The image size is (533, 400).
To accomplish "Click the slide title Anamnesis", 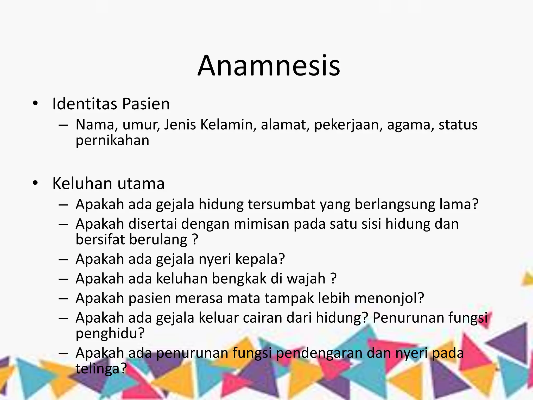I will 269,66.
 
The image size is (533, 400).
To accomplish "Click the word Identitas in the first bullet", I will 85,104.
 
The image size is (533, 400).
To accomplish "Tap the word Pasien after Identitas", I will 146,104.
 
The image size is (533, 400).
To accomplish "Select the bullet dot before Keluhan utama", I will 35,183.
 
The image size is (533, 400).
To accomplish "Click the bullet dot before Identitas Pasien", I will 35,104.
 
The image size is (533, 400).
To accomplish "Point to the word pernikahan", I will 112,141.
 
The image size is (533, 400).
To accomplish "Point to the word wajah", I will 306,279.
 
